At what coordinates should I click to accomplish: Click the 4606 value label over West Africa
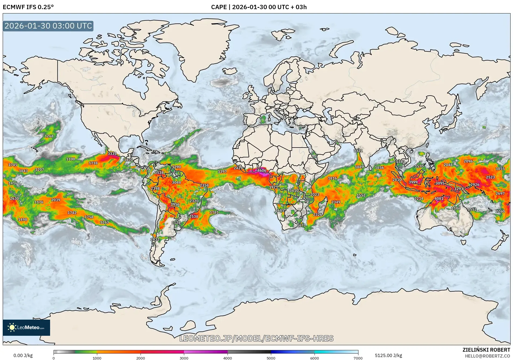(x=261, y=170)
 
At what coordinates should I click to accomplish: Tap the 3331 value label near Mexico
(x=112, y=154)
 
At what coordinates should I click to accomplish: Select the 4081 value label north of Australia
(x=439, y=198)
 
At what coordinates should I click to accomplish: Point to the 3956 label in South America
(x=175, y=204)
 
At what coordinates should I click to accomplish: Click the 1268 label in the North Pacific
(x=49, y=136)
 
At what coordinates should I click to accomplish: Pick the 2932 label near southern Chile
(x=155, y=239)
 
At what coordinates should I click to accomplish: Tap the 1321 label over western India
(x=358, y=151)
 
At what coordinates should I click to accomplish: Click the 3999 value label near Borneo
(x=413, y=182)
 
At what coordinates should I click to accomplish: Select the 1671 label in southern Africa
(x=301, y=225)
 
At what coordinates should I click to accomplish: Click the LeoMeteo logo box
(x=26, y=327)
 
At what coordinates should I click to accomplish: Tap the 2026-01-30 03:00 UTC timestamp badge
(x=48, y=26)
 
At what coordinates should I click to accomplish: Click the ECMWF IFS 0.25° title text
(x=28, y=7)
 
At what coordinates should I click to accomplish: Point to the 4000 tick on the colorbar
(x=228, y=358)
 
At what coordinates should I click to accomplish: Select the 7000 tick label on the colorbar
(x=358, y=358)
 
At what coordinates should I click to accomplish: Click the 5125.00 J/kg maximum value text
(x=388, y=355)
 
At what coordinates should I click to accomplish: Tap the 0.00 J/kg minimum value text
(x=23, y=355)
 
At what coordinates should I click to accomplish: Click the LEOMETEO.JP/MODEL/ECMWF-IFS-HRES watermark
(x=256, y=338)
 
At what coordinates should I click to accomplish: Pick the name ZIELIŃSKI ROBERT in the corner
(x=486, y=350)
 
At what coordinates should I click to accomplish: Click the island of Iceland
(x=229, y=71)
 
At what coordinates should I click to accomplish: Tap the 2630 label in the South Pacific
(x=15, y=198)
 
